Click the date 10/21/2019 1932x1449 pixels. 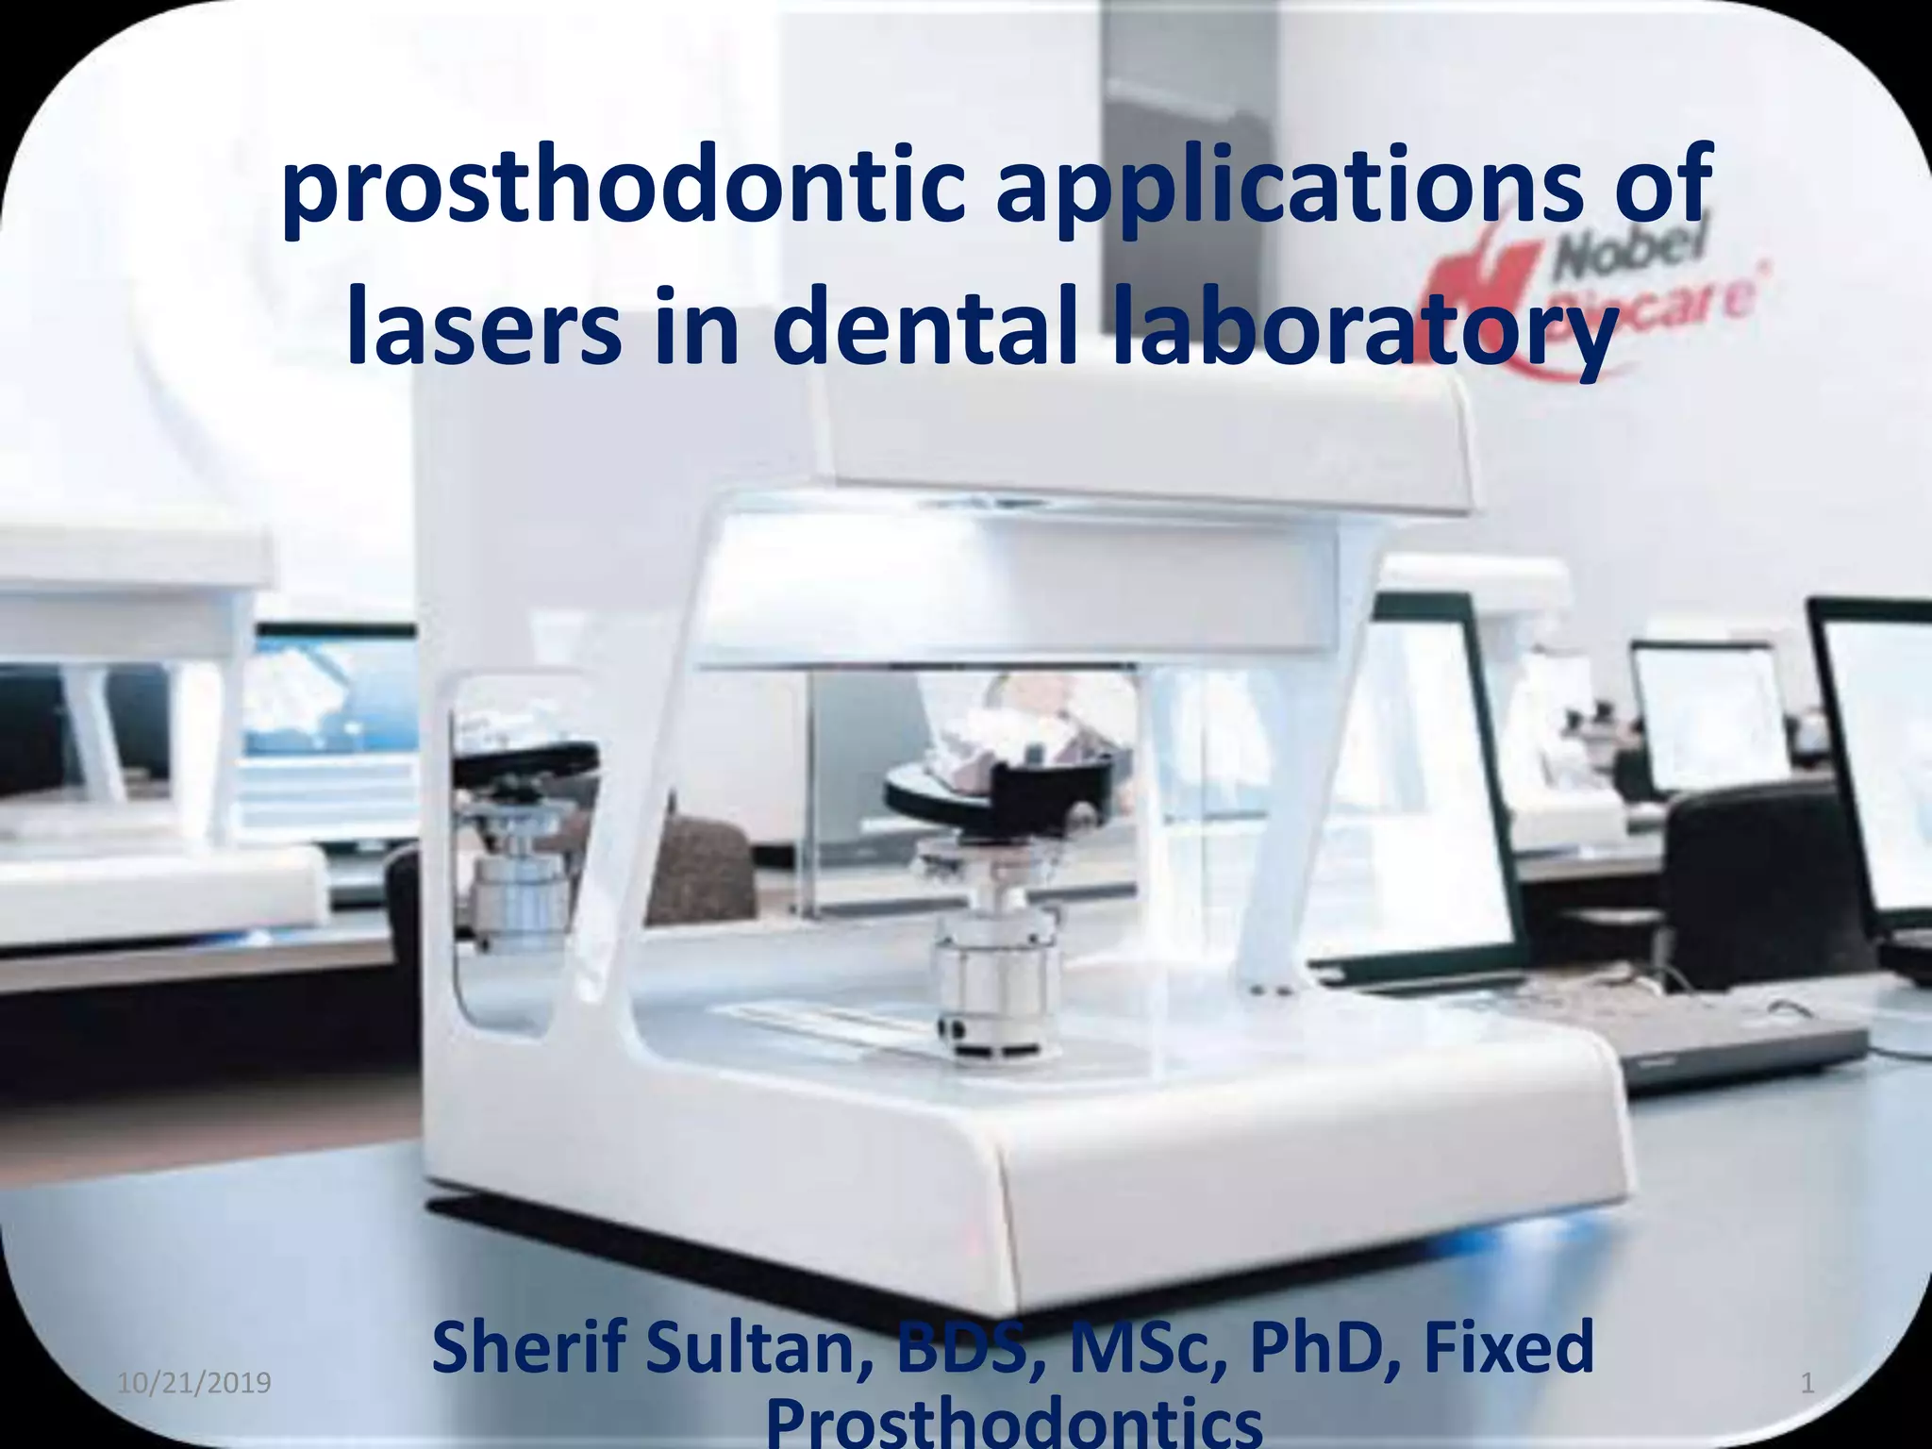(194, 1383)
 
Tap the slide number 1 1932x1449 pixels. (1807, 1384)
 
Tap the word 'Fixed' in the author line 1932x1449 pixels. (1509, 1350)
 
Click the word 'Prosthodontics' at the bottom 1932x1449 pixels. (1014, 1423)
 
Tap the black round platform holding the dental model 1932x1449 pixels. (1000, 792)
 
